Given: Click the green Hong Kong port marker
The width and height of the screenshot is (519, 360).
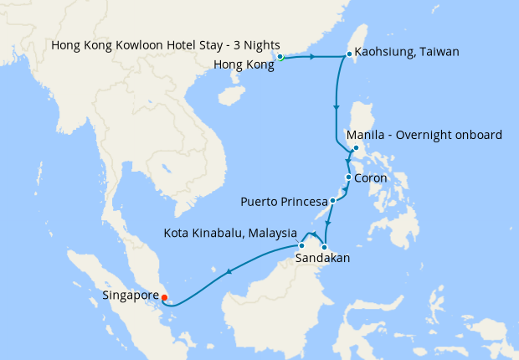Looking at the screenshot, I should pos(280,58).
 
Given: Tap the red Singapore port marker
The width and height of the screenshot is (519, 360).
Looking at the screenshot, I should pos(165,296).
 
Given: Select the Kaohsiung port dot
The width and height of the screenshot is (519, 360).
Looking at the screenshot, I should pos(349,55).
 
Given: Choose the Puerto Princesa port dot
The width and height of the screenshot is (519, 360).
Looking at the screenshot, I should pos(332,201).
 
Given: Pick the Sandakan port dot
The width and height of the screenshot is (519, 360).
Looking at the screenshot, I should pos(324,246).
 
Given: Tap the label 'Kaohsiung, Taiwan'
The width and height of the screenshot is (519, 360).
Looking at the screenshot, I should pos(407,52).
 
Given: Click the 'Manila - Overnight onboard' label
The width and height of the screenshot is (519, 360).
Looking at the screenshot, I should pos(424,135).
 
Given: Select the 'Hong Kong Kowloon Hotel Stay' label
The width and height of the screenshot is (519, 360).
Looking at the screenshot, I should pos(165,44).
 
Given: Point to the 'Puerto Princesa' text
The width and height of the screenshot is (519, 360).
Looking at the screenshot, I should pos(284,202).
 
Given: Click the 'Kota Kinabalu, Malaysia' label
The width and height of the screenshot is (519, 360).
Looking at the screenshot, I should pos(231,232).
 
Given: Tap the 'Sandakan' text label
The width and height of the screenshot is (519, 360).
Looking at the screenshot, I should pos(322,260).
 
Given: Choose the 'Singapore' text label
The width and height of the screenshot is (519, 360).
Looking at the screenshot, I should pos(130,296).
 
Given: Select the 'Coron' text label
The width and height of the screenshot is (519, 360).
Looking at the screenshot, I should pos(371,178).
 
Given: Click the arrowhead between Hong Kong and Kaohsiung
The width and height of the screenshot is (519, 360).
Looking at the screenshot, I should pos(313,57).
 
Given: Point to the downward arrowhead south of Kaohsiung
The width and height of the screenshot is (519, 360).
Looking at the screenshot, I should pos(337,108).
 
